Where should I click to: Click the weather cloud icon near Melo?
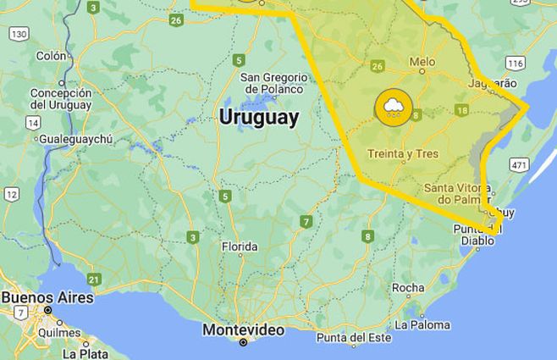click(x=392, y=107)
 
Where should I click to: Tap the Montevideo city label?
click(x=243, y=330)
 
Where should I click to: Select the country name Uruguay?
click(x=259, y=118)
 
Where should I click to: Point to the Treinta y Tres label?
click(x=402, y=153)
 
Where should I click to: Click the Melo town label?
click(x=422, y=62)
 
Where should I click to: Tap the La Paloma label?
click(x=423, y=324)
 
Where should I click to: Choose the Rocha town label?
click(x=408, y=288)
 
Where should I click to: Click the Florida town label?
click(x=239, y=247)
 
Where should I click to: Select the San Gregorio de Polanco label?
click(x=273, y=82)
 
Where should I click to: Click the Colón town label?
click(x=51, y=56)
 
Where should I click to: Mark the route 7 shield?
click(x=306, y=222)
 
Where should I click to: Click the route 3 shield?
click(x=193, y=237)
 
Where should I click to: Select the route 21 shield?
click(x=94, y=279)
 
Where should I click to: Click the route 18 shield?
click(x=461, y=110)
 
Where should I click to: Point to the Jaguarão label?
click(x=493, y=84)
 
